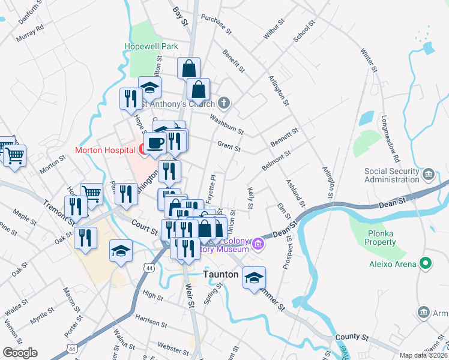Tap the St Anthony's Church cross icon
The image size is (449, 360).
tap(224, 103)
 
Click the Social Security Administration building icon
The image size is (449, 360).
tap(429, 175)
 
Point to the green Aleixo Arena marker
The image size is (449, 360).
tap(426, 263)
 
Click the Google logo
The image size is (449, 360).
tap(20, 352)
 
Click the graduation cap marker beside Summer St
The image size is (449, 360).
tap(255, 277)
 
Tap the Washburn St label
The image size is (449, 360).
tap(226, 124)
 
